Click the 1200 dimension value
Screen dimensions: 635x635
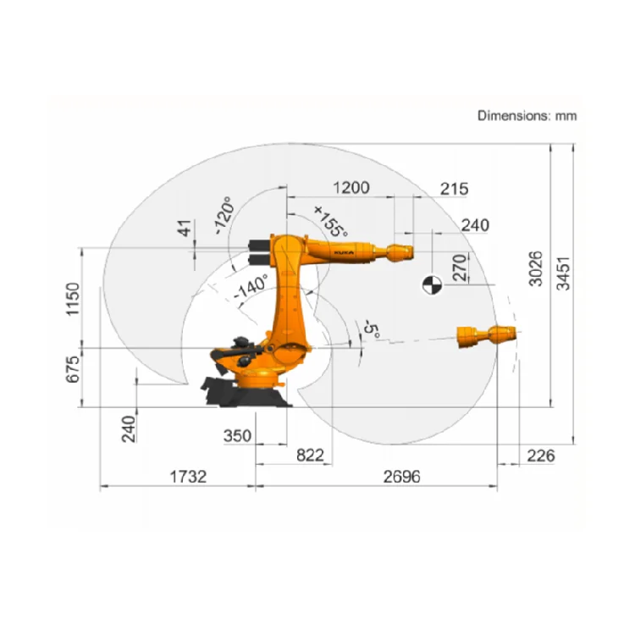(x=350, y=188)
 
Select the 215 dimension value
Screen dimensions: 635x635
(x=454, y=189)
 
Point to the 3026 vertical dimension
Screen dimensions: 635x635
(x=536, y=270)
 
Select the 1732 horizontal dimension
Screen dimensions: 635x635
(x=187, y=477)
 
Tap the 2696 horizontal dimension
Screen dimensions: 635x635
(x=400, y=477)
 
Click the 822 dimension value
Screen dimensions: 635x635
(x=310, y=456)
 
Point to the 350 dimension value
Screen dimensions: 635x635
(x=237, y=436)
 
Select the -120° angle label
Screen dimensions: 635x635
(x=224, y=217)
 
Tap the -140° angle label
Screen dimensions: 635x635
(x=251, y=287)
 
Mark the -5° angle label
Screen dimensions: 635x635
(x=370, y=330)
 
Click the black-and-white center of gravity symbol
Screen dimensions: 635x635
(x=431, y=285)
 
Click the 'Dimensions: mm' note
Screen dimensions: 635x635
(x=527, y=115)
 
